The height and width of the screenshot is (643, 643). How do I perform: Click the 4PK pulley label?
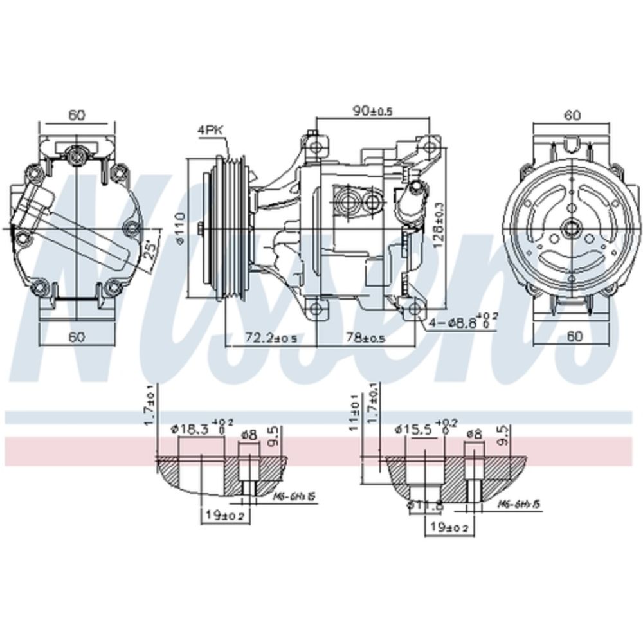tap(210, 130)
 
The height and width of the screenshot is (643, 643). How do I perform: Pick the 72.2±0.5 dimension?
tap(269, 338)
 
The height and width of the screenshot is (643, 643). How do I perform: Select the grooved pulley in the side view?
tap(228, 228)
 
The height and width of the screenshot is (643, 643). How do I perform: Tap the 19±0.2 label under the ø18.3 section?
tap(221, 516)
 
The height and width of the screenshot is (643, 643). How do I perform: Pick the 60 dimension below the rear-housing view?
tap(77, 336)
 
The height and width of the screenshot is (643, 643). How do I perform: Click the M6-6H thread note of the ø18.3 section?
tap(293, 498)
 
